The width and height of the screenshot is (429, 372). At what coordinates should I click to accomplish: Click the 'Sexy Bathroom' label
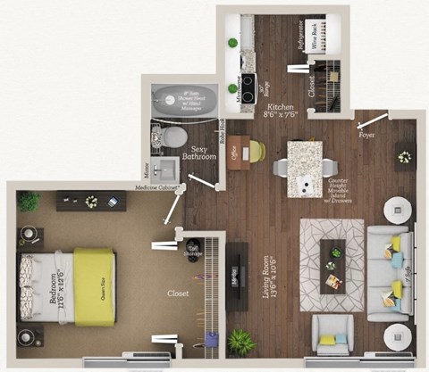tap(205, 149)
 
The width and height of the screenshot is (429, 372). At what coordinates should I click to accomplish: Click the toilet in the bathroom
tap(175, 136)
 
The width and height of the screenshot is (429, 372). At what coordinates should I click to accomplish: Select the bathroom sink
tap(167, 168)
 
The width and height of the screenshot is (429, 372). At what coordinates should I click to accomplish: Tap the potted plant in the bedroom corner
tap(29, 201)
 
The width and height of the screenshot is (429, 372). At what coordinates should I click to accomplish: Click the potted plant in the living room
tap(240, 340)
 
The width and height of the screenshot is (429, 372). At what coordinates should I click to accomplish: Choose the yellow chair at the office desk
tap(256, 153)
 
